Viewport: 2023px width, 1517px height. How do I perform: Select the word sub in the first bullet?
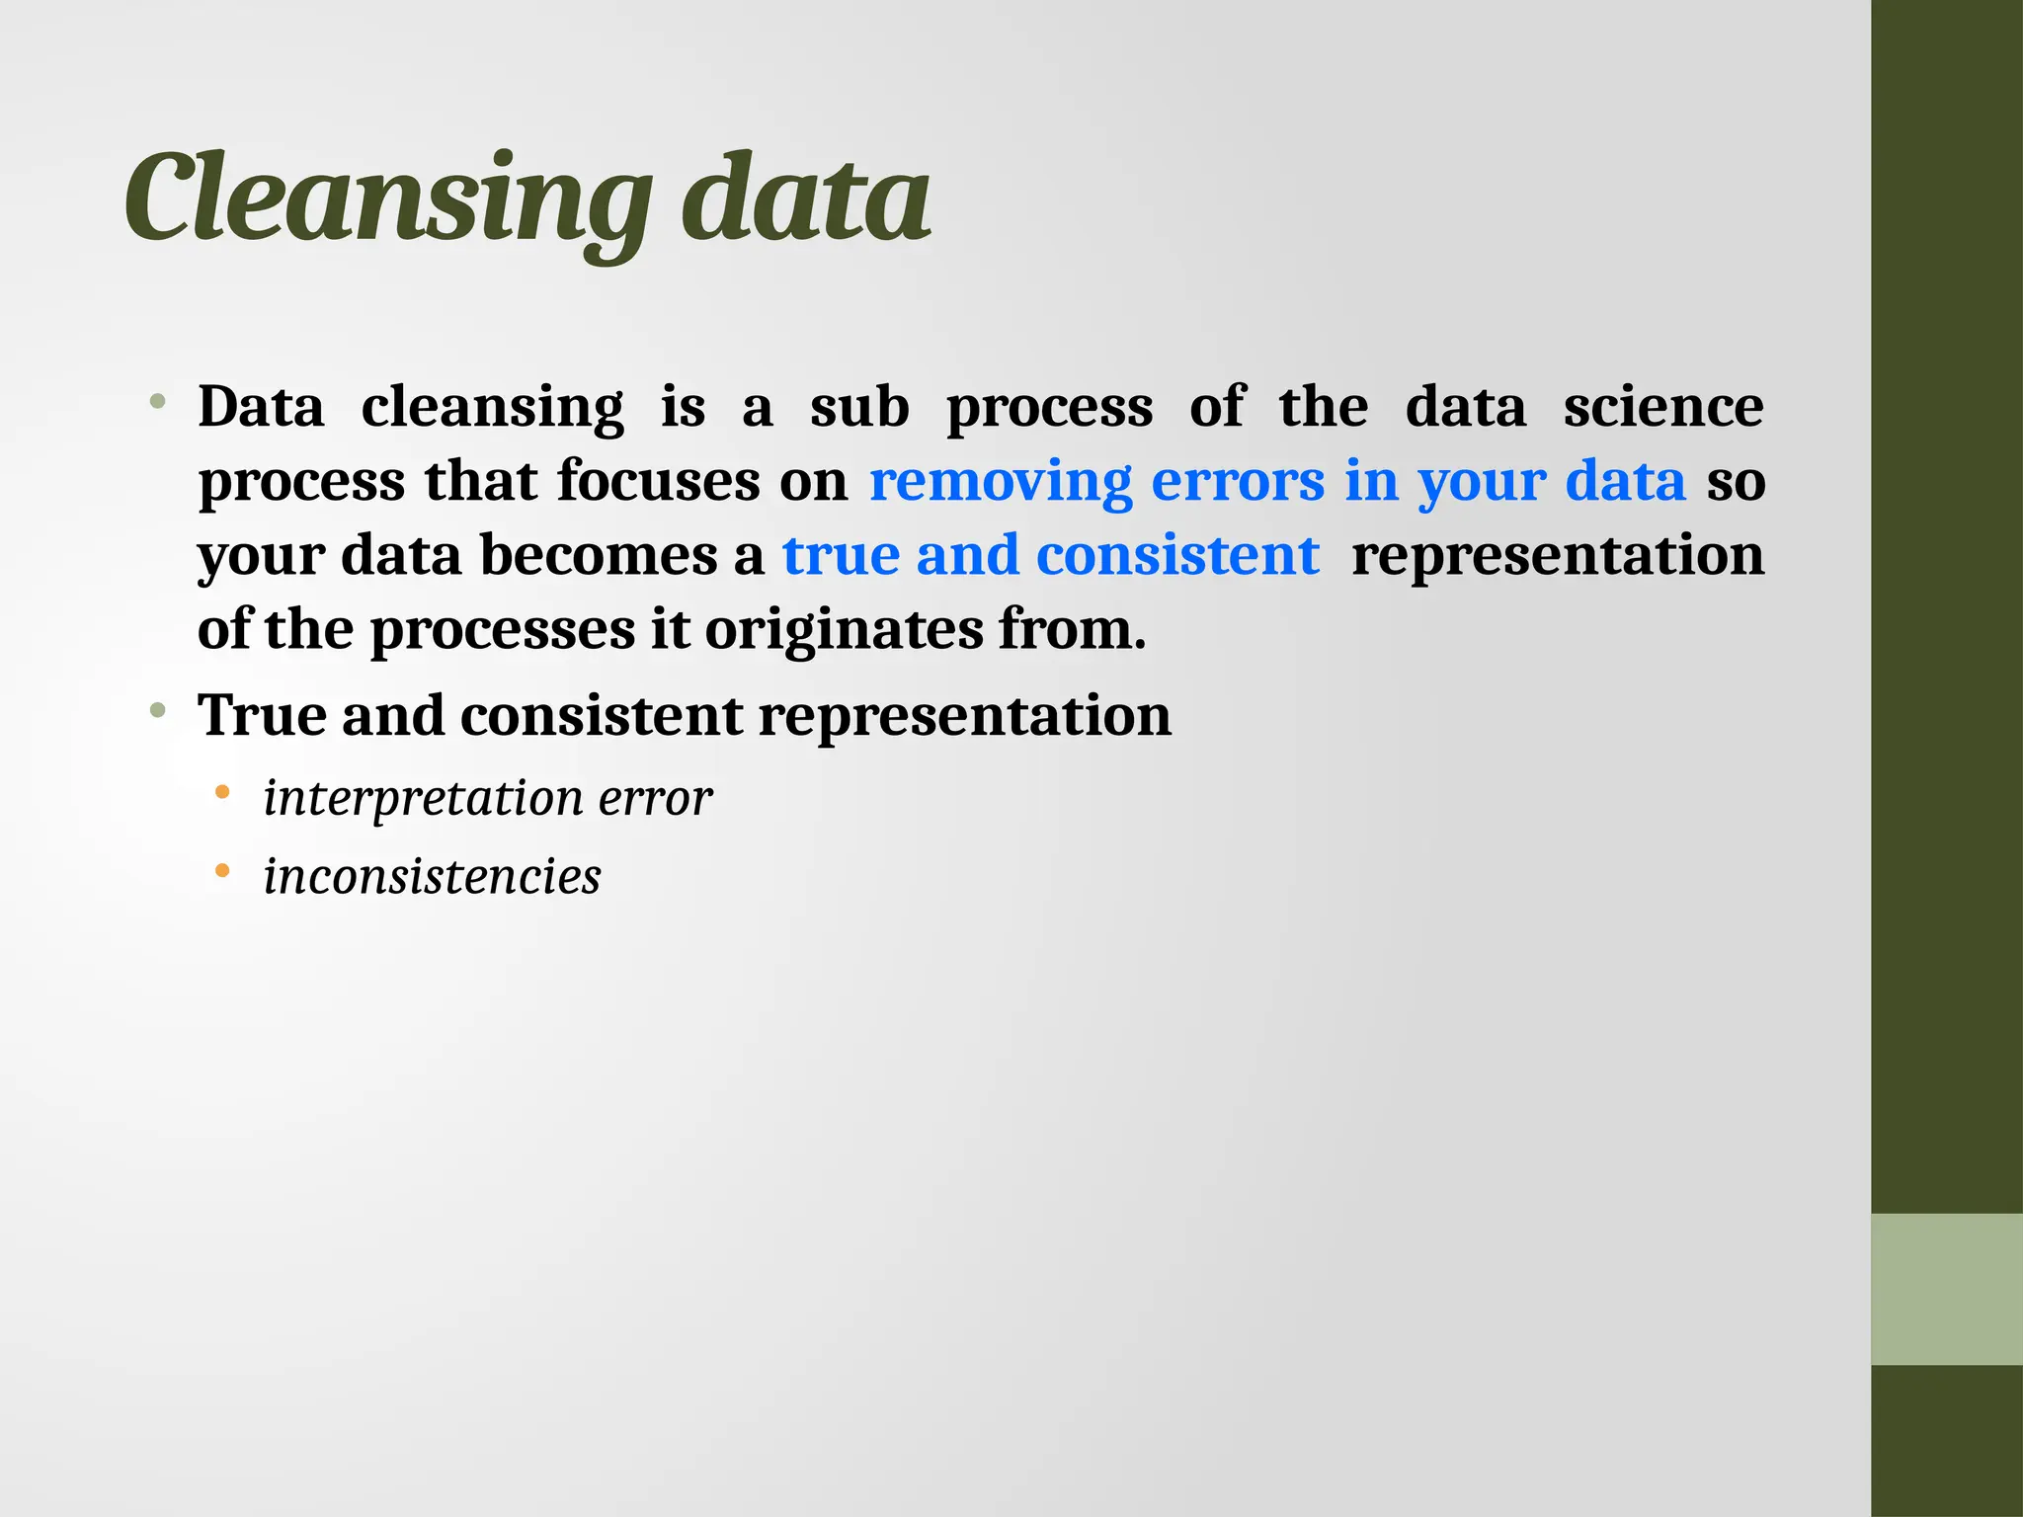coord(859,407)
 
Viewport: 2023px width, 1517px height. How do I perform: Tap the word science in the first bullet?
coord(1662,407)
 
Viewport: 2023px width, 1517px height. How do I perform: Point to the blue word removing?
coord(1000,482)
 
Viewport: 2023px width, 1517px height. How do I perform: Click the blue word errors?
coord(1238,482)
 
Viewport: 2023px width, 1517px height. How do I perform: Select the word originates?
coord(844,630)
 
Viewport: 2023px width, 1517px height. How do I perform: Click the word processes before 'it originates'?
coord(502,630)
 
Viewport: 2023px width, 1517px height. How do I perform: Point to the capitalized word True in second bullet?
coord(261,715)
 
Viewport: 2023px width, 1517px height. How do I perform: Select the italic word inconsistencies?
coord(432,877)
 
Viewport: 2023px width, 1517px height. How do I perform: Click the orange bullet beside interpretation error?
coord(222,792)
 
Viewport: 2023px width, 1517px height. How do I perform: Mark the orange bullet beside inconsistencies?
coord(222,871)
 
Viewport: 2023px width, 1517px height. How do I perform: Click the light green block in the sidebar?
coord(1946,1289)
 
